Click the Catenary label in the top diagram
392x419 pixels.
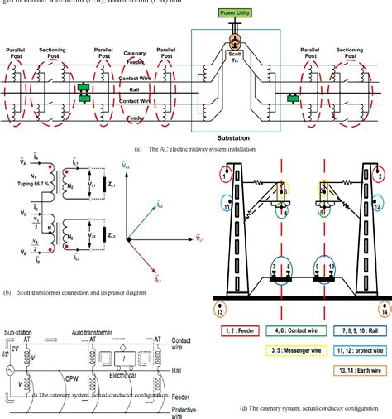coord(134,53)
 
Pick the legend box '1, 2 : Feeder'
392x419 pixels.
coord(242,330)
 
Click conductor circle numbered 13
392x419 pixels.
coord(219,311)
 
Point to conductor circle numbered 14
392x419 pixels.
coord(384,311)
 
